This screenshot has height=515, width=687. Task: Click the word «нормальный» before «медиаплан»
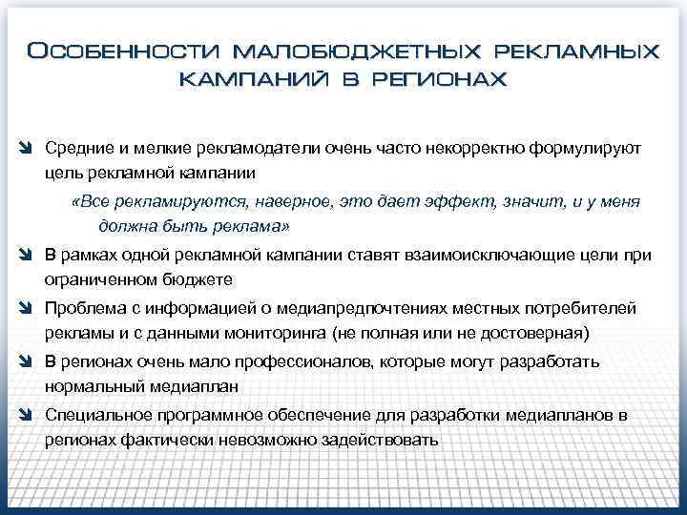pyautogui.click(x=92, y=387)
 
